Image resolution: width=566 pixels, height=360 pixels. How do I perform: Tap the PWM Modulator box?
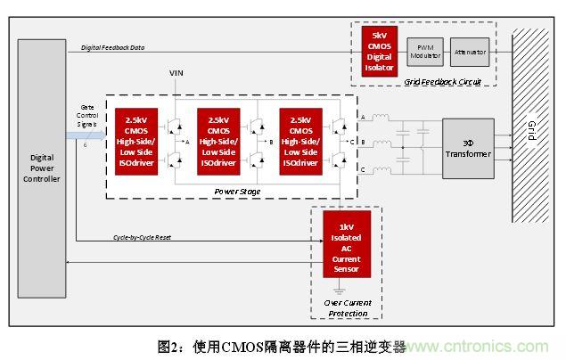[424, 53]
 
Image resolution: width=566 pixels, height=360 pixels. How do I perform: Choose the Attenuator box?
[470, 53]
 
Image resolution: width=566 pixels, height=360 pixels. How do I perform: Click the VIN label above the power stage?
[176, 73]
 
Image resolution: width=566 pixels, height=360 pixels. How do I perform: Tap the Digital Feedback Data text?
[113, 46]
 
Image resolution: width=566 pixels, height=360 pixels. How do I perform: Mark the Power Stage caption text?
[237, 191]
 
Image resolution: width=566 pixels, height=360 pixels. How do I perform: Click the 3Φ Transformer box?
[468, 148]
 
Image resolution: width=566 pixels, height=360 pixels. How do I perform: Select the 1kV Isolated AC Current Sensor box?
[347, 243]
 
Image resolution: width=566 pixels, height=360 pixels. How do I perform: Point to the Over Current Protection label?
[347, 308]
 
